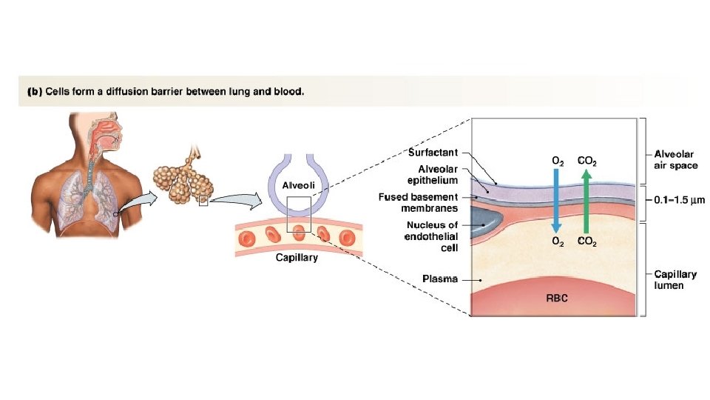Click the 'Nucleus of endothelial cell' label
tap(432, 237)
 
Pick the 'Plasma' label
tap(439, 279)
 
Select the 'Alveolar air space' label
tap(675, 160)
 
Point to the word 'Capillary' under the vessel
tap(297, 258)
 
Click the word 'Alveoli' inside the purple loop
tap(299, 185)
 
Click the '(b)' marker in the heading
tap(35, 93)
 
